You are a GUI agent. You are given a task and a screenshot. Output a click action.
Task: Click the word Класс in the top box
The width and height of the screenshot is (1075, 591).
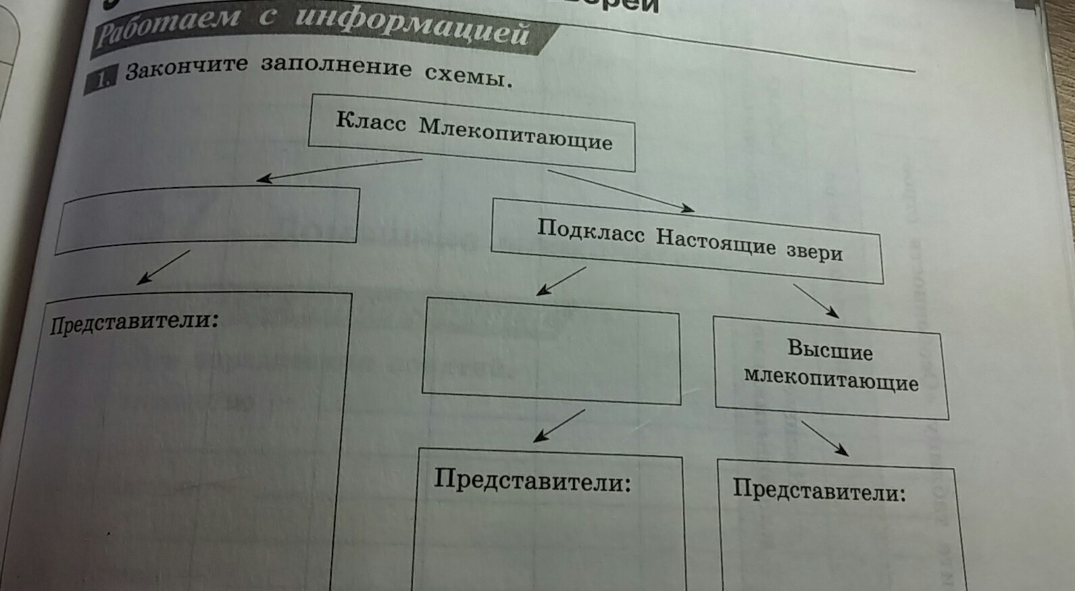click(x=371, y=122)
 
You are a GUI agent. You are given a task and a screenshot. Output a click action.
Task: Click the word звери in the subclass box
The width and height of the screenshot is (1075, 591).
click(x=814, y=251)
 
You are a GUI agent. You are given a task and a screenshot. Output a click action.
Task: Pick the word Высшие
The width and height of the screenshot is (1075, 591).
click(x=830, y=350)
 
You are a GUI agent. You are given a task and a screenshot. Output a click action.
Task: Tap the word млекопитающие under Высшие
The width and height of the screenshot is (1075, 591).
click(x=831, y=379)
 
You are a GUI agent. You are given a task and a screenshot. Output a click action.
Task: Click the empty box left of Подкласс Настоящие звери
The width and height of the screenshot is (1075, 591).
click(x=207, y=219)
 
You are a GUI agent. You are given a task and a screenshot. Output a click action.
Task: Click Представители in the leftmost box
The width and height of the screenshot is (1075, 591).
click(x=134, y=321)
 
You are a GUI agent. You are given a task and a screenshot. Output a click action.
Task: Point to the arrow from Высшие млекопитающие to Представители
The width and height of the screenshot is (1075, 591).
click(x=824, y=438)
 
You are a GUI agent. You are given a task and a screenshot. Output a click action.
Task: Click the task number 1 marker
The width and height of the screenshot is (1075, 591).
click(x=101, y=80)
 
